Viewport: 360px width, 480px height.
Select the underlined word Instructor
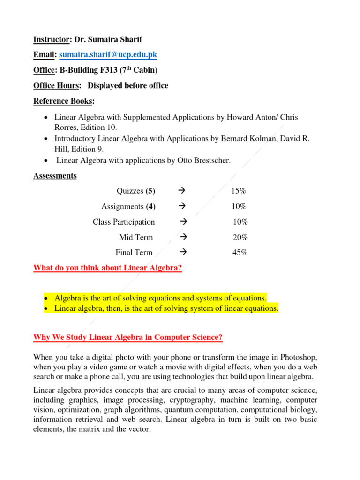tap(52, 40)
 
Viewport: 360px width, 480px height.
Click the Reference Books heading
tap(63, 101)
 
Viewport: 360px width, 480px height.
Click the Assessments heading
tap(55, 176)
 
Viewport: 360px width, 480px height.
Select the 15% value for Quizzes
tap(239, 191)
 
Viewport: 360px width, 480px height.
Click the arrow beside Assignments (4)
tap(183, 206)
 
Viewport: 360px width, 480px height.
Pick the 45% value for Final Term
tap(240, 253)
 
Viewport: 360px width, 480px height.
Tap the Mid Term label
tap(136, 237)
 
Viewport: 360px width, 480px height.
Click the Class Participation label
tap(124, 222)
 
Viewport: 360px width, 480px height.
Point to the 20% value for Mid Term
tap(240, 237)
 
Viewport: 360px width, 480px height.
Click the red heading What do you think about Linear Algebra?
tap(107, 268)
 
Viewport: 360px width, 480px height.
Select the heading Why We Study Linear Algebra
tap(128, 337)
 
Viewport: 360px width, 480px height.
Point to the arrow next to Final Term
tap(183, 252)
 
